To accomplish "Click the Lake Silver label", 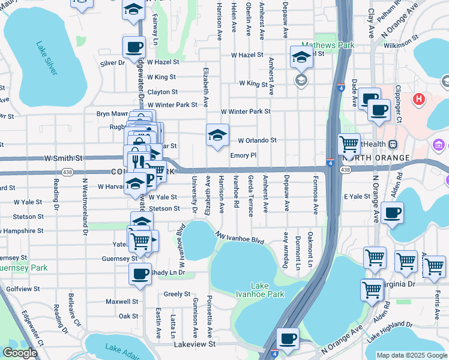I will [46, 58].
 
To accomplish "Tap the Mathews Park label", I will [328, 45].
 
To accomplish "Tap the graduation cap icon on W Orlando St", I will [217, 134].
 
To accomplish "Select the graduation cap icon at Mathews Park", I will [302, 56].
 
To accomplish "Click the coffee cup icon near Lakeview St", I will [288, 338].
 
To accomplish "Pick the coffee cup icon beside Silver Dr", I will [134, 46].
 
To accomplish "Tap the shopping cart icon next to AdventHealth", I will [349, 143].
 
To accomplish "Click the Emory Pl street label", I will [243, 155].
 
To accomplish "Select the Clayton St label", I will [163, 92].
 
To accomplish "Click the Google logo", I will [20, 353].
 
